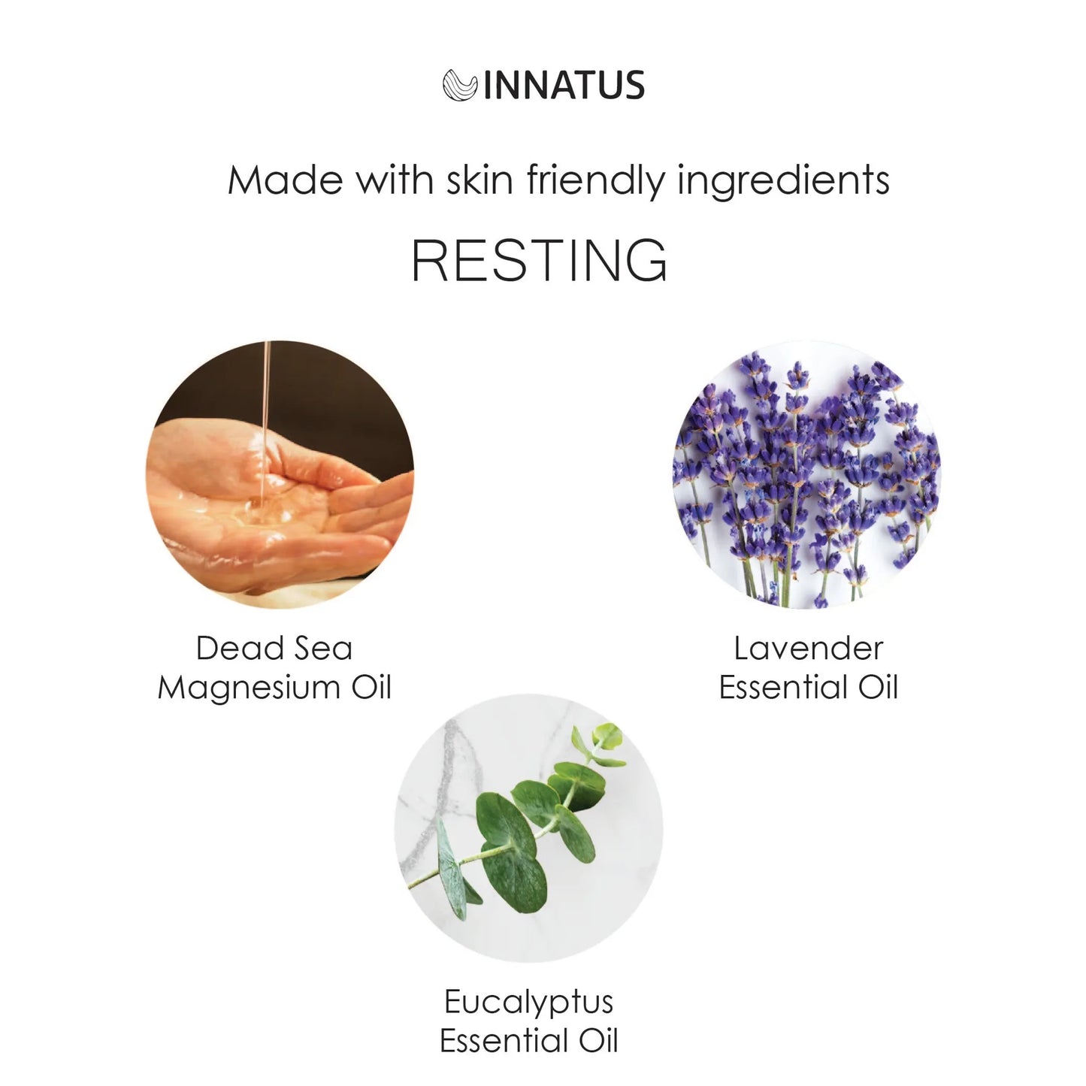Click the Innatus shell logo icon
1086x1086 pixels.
click(x=459, y=85)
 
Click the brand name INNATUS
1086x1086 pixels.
click(x=564, y=86)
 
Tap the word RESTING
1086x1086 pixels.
click(x=540, y=261)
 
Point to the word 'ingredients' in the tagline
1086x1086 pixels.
click(x=784, y=182)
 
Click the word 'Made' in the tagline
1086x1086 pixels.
click(x=286, y=180)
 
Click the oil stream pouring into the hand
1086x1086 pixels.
click(x=264, y=421)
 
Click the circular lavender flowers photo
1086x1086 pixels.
click(x=807, y=474)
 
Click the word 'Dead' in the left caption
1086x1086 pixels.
click(x=231, y=649)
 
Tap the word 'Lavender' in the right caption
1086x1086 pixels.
click(x=809, y=649)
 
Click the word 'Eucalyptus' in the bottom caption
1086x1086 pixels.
click(x=529, y=1003)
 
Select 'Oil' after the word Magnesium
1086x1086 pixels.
click(x=372, y=688)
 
